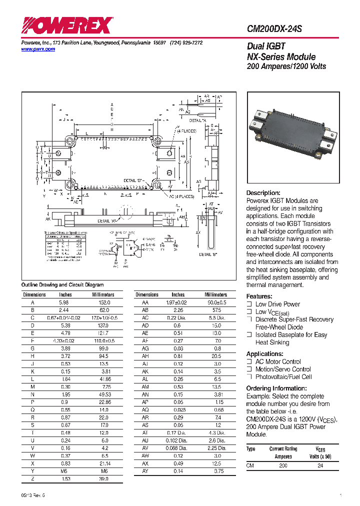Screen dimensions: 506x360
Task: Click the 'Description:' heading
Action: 263,193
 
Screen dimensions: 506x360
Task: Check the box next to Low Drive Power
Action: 249,304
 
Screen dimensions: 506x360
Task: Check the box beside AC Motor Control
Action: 249,361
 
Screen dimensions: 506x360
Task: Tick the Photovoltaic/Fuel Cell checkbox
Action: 249,377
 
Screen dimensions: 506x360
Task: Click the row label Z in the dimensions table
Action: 32,478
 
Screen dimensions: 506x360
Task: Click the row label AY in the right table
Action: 145,471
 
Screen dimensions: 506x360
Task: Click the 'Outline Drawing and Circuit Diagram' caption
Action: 62,284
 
